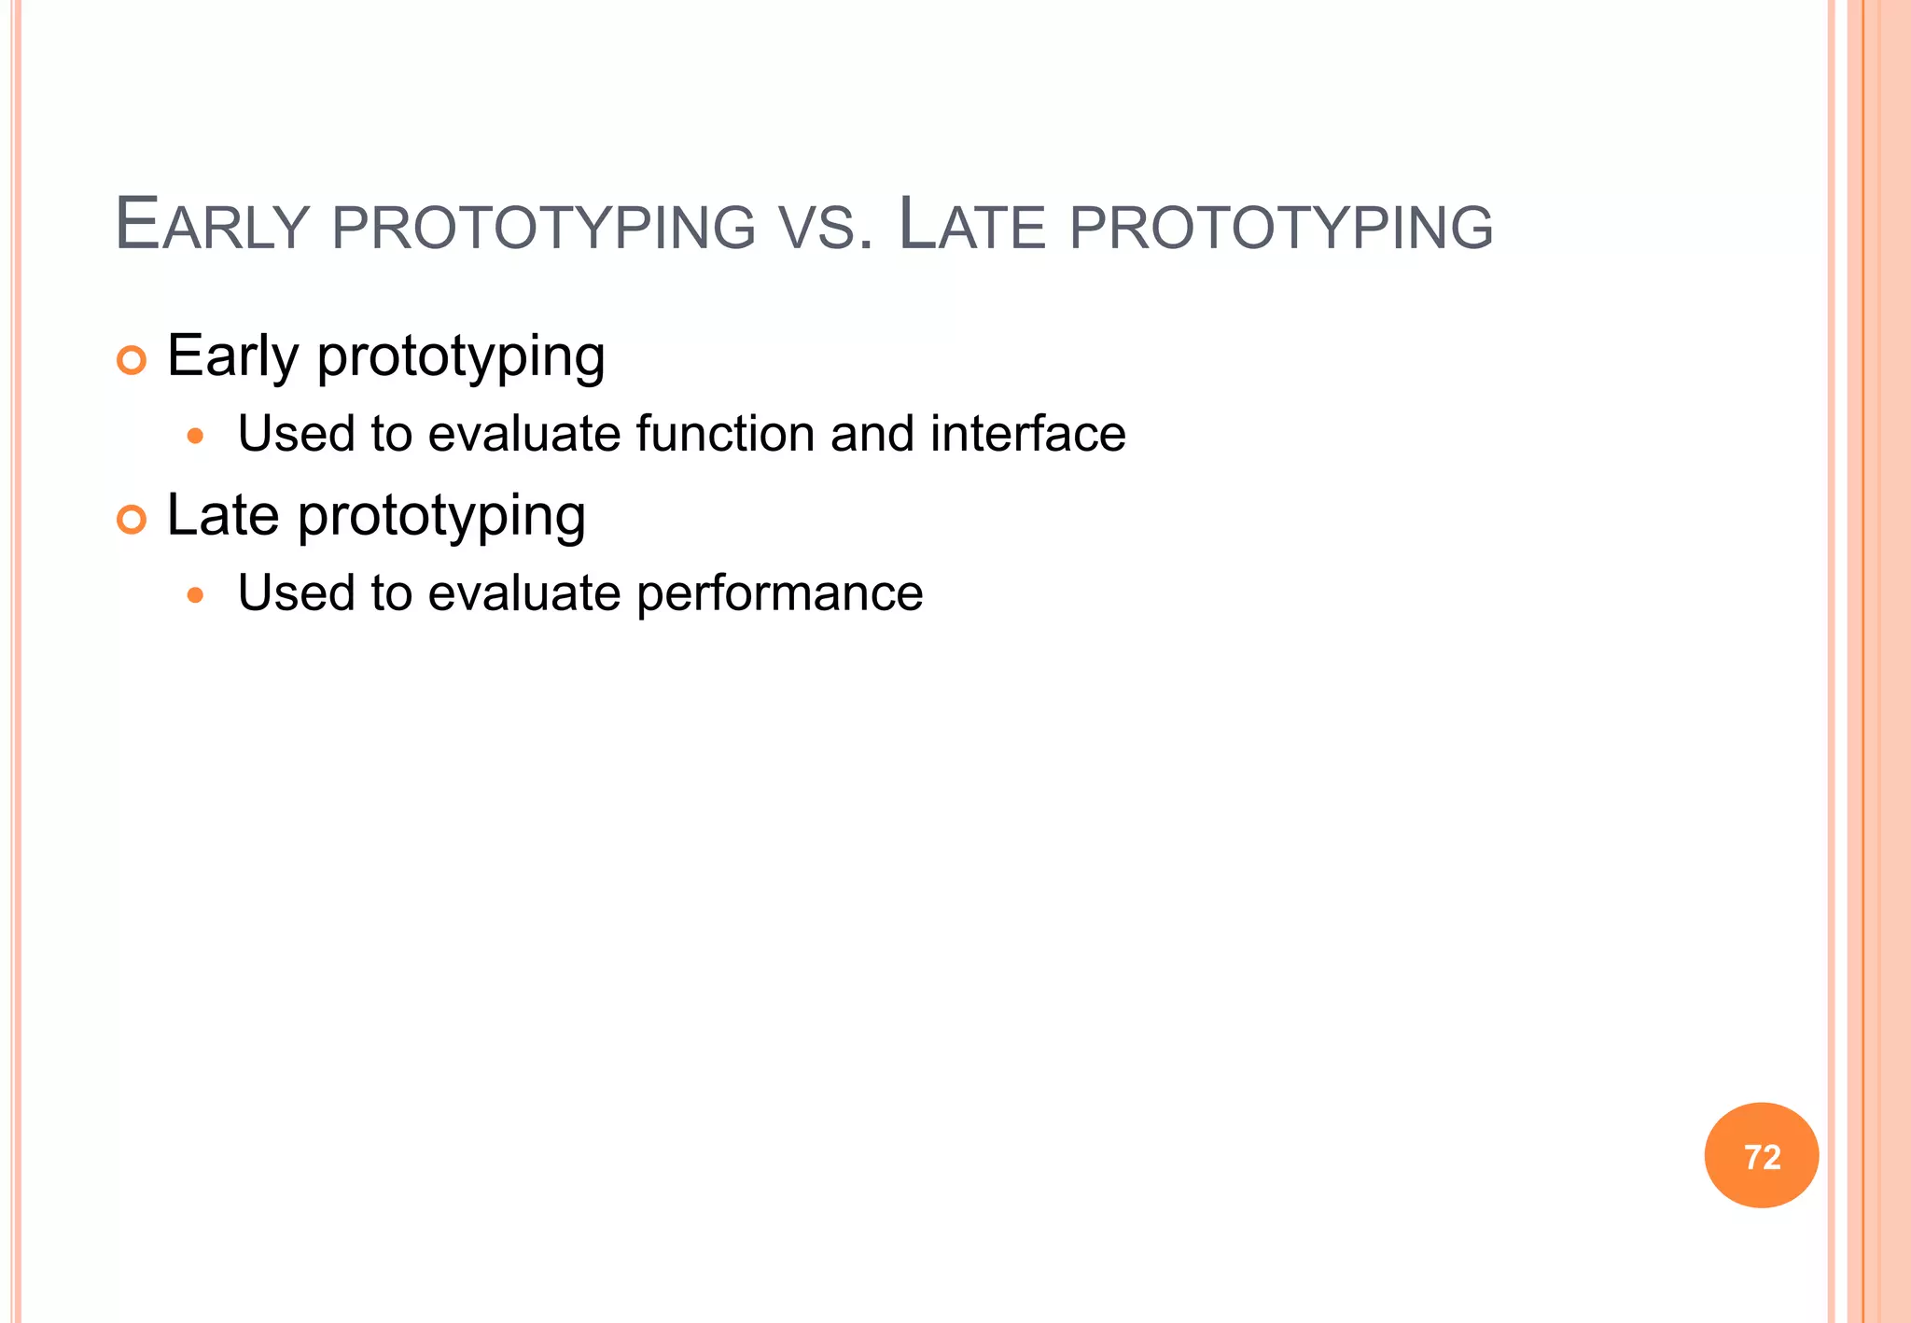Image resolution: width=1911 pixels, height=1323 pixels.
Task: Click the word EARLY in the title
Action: pyautogui.click(x=212, y=225)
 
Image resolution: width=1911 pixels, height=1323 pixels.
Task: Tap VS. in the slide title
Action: pyautogui.click(x=827, y=227)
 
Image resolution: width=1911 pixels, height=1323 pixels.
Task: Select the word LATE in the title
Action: pyautogui.click(x=971, y=225)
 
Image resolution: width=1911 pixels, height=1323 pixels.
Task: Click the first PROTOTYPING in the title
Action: pyautogui.click(x=543, y=227)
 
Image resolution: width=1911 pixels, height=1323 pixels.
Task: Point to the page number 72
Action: pyautogui.click(x=1762, y=1157)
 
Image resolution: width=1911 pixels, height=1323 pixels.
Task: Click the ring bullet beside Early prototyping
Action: pyautogui.click(x=132, y=360)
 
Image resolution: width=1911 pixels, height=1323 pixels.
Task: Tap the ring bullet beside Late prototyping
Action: pyautogui.click(x=132, y=520)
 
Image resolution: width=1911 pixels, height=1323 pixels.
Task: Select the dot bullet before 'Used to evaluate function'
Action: pyautogui.click(x=195, y=436)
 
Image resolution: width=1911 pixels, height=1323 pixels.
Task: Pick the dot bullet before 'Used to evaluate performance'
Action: pyautogui.click(x=195, y=594)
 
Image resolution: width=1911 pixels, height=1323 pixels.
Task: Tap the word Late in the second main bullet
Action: pyautogui.click(x=222, y=514)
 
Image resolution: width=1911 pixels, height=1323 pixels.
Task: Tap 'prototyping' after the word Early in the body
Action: pyautogui.click(x=461, y=357)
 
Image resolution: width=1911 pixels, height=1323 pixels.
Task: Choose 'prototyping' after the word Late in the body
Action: pyautogui.click(x=441, y=516)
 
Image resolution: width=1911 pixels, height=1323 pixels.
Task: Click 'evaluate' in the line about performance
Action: pyautogui.click(x=523, y=592)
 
